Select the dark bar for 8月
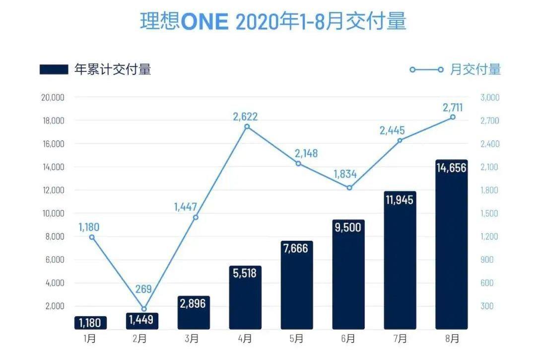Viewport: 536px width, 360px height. [x=451, y=248]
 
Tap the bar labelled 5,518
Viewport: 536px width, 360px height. [x=245, y=298]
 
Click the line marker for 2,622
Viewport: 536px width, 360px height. [x=247, y=127]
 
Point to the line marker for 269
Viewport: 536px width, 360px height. [x=144, y=309]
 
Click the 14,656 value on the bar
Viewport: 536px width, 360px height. [x=451, y=168]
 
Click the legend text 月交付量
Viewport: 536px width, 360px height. [x=475, y=70]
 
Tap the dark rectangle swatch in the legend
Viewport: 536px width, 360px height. [x=54, y=70]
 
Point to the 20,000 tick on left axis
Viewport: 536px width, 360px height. [x=52, y=97]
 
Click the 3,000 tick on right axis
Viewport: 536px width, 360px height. [x=490, y=97]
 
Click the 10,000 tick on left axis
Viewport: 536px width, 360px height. [x=52, y=214]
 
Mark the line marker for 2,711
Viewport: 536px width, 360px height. [x=453, y=117]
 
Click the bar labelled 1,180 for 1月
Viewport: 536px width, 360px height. [x=90, y=323]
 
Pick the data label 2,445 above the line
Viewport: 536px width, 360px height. [x=392, y=131]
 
